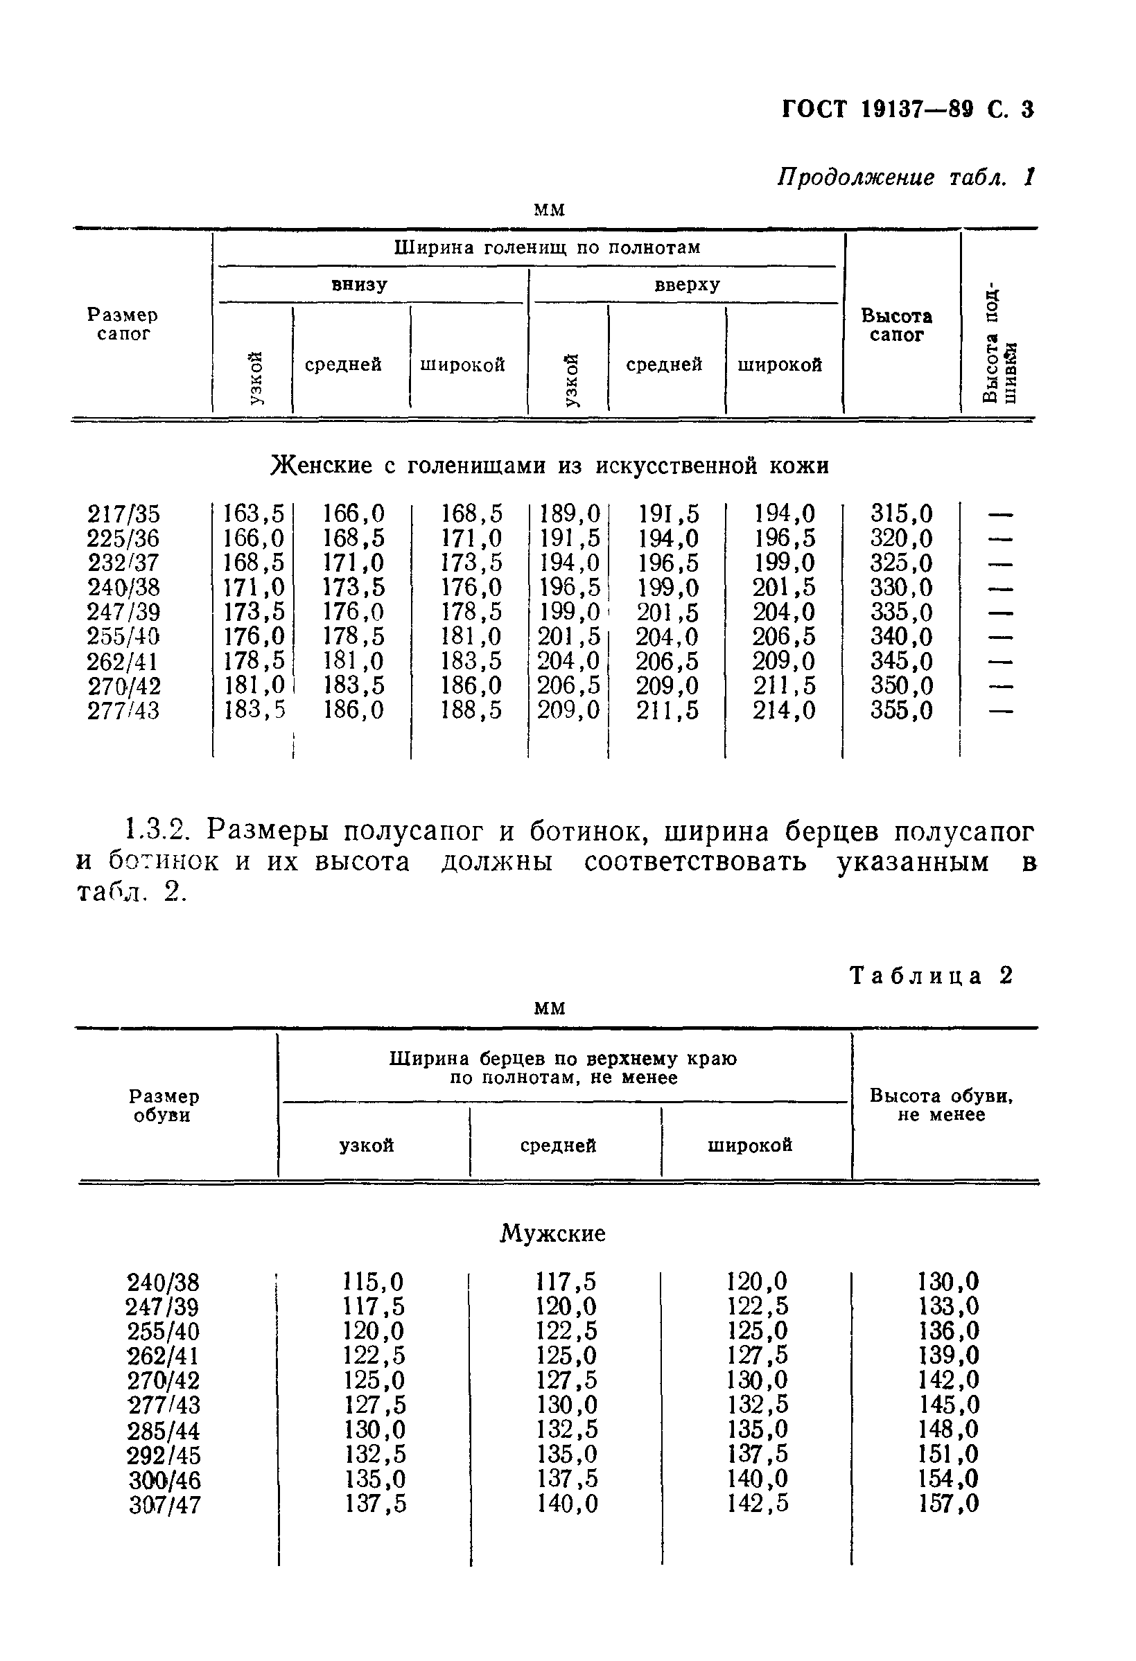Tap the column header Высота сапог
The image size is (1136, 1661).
(x=895, y=325)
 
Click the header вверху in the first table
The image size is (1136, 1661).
(x=686, y=285)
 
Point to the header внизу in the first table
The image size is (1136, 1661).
(x=359, y=285)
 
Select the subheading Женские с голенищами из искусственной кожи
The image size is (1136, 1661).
(x=549, y=466)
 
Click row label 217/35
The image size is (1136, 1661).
(x=123, y=514)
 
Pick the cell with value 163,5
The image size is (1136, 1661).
(x=254, y=514)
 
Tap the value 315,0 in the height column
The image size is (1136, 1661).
(x=901, y=514)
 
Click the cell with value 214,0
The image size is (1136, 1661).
(x=783, y=710)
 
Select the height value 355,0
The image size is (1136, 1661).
(x=901, y=710)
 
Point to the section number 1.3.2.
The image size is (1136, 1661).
(x=156, y=832)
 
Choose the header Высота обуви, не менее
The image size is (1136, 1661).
(x=941, y=1105)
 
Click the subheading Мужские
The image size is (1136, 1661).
(x=552, y=1233)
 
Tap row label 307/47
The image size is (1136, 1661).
(x=164, y=1505)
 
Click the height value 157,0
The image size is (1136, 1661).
(x=948, y=1504)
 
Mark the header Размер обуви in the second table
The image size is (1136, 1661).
(x=164, y=1106)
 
